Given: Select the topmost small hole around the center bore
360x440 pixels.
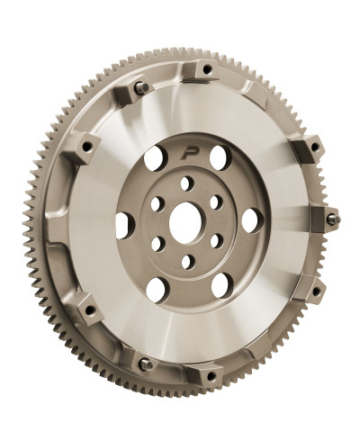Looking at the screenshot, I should [187, 183].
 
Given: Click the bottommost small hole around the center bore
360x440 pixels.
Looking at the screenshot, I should [187, 262].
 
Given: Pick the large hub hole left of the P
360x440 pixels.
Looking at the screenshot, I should [155, 159].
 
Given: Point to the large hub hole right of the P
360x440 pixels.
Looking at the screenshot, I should [219, 158].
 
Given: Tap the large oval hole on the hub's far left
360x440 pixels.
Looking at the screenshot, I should [124, 224].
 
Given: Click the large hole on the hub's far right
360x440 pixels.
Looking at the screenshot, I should [250, 220].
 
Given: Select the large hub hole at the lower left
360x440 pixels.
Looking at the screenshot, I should [156, 288].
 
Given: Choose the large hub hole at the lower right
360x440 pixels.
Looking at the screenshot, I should [220, 284].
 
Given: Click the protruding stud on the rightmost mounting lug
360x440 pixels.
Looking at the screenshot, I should [332, 219].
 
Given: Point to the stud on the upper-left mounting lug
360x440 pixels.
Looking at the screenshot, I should [141, 87].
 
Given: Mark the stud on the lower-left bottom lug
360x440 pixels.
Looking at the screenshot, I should [144, 364].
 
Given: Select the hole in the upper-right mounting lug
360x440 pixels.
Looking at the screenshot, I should [315, 146].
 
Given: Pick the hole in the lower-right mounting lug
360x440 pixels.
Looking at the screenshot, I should [314, 291].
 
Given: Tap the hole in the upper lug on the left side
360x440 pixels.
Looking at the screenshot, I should [87, 147].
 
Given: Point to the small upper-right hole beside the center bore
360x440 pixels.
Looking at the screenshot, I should [216, 202].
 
